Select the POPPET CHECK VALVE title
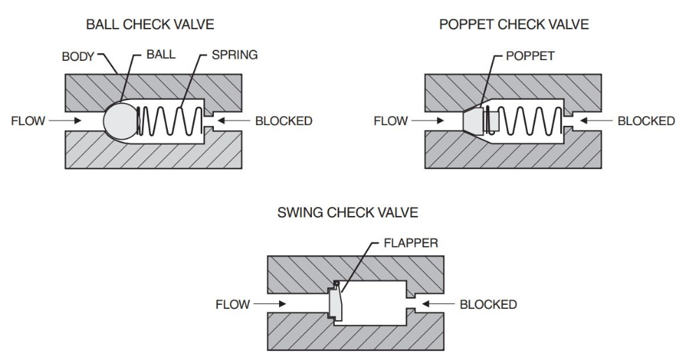pyautogui.click(x=514, y=25)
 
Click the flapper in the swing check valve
pyautogui.click(x=335, y=305)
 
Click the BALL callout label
pyautogui.click(x=160, y=53)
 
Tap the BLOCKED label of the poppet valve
pyautogui.click(x=645, y=121)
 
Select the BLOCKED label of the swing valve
pyautogui.click(x=487, y=305)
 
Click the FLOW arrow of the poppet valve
pyautogui.click(x=427, y=121)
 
